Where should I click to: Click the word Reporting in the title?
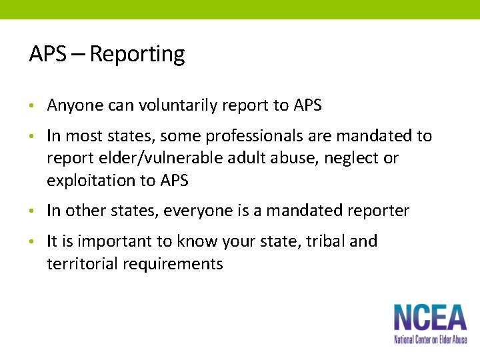(137, 55)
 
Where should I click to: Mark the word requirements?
(173, 264)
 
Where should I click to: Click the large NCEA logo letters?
(429, 317)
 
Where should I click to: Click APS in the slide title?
(47, 55)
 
